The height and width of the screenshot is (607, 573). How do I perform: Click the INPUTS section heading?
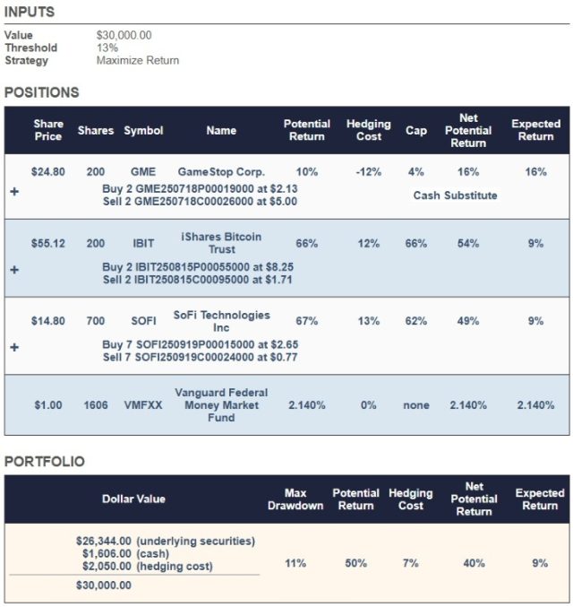(x=30, y=12)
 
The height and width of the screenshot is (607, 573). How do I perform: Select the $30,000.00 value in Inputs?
(x=124, y=35)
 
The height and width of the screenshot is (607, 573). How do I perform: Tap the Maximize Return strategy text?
(x=137, y=60)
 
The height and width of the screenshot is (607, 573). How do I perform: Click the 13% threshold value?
(x=107, y=48)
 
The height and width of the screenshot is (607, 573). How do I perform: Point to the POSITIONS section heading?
(x=41, y=91)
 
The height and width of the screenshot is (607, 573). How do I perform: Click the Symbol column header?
(x=143, y=130)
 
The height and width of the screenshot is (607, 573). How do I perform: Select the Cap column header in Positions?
(x=415, y=130)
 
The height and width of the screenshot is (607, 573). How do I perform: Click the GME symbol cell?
(x=142, y=171)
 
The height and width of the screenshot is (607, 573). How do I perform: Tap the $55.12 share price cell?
(x=47, y=243)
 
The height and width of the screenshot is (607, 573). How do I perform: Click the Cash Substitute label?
(x=455, y=195)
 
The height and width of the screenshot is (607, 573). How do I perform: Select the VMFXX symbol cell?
(x=142, y=405)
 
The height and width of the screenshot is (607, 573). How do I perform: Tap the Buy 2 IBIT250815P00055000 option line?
(x=198, y=267)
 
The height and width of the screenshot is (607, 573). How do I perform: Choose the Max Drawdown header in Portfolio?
(x=295, y=499)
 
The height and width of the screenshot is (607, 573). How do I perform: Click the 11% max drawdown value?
(x=295, y=563)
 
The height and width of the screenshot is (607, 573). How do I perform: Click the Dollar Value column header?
(x=133, y=499)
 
